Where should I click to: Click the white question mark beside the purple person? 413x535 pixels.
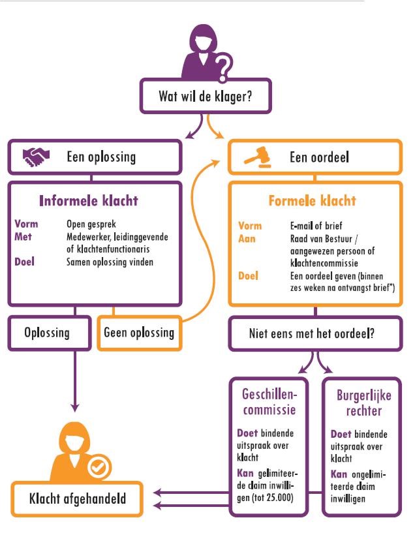tap(222, 69)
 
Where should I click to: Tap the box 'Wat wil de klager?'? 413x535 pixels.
tap(206, 96)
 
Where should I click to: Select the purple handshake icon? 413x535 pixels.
tap(36, 157)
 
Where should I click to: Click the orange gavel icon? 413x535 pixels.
tap(258, 157)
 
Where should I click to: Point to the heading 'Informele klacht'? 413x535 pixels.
tap(89, 201)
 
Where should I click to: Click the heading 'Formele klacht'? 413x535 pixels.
tap(313, 201)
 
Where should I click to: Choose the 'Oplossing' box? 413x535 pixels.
tap(50, 333)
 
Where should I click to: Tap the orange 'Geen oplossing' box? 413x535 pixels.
tap(139, 333)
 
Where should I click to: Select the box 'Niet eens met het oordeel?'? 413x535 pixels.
tap(315, 333)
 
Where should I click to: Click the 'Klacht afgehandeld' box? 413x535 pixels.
tap(77, 498)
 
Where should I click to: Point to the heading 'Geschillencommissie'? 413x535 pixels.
tap(269, 402)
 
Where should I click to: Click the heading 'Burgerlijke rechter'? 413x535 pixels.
tap(364, 403)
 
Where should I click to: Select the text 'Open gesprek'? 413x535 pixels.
tap(91, 224)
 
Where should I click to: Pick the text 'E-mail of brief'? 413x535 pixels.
tap(316, 226)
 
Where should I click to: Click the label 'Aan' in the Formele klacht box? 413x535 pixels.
tap(247, 239)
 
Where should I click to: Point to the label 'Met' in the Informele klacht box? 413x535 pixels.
tap(23, 236)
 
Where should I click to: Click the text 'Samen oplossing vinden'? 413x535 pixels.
tap(110, 262)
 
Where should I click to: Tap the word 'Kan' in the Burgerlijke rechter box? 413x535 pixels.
tap(339, 474)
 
